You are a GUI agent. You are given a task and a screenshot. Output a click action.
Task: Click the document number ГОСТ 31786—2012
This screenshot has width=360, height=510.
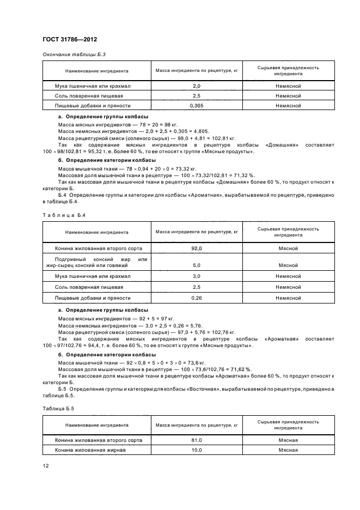click(70, 39)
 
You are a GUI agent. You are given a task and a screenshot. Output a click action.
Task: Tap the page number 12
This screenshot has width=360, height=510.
click(46, 465)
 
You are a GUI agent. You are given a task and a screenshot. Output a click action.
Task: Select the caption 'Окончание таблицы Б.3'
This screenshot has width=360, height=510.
click(70, 55)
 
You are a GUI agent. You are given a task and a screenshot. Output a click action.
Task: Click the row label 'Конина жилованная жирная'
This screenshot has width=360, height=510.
click(90, 450)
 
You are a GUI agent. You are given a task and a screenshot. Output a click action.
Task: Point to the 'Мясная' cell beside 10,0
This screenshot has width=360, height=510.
click(288, 450)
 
